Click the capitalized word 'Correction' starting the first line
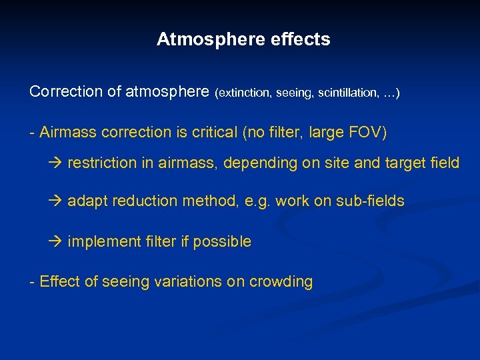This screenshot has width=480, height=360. pyautogui.click(x=65, y=92)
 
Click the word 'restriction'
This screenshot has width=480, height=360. pyautogui.click(x=101, y=163)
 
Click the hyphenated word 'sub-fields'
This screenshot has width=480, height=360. pyautogui.click(x=371, y=201)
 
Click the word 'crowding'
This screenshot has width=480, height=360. pyautogui.click(x=281, y=282)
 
